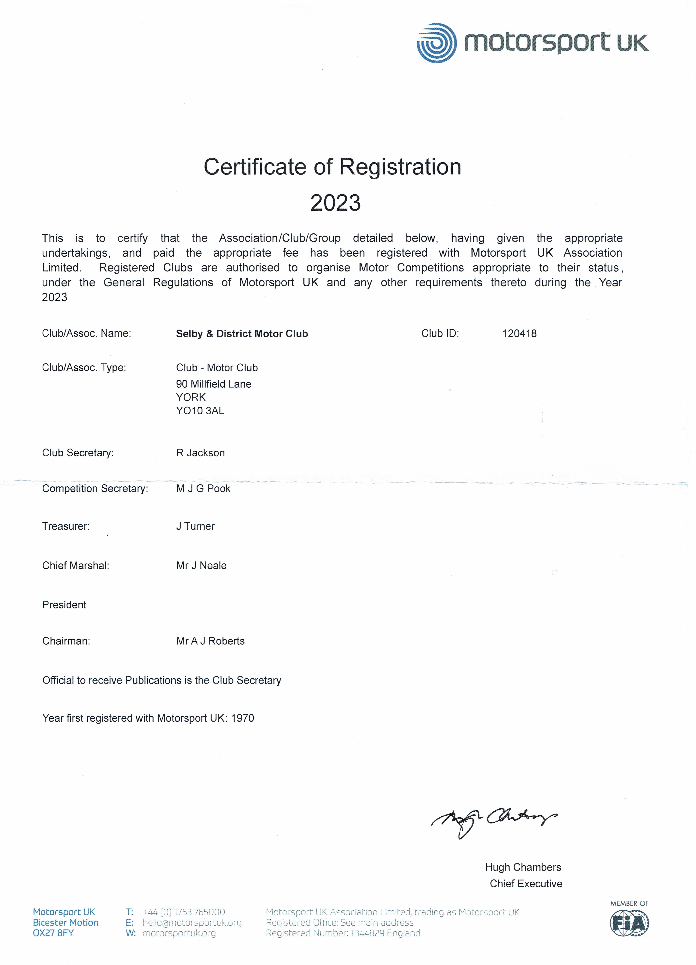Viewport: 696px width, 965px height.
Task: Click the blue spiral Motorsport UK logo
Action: [437, 43]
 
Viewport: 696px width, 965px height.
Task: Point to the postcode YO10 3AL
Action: [200, 411]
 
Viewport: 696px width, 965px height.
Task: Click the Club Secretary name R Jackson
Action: [200, 453]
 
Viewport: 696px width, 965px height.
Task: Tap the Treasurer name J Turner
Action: [195, 526]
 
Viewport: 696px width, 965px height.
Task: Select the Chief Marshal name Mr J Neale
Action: [201, 565]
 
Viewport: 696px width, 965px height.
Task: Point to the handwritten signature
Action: [494, 821]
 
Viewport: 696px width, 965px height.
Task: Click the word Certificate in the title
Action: [254, 167]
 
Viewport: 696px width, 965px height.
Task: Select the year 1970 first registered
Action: [242, 718]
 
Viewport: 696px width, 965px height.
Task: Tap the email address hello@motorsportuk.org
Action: [192, 922]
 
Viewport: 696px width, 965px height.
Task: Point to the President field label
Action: [64, 605]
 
